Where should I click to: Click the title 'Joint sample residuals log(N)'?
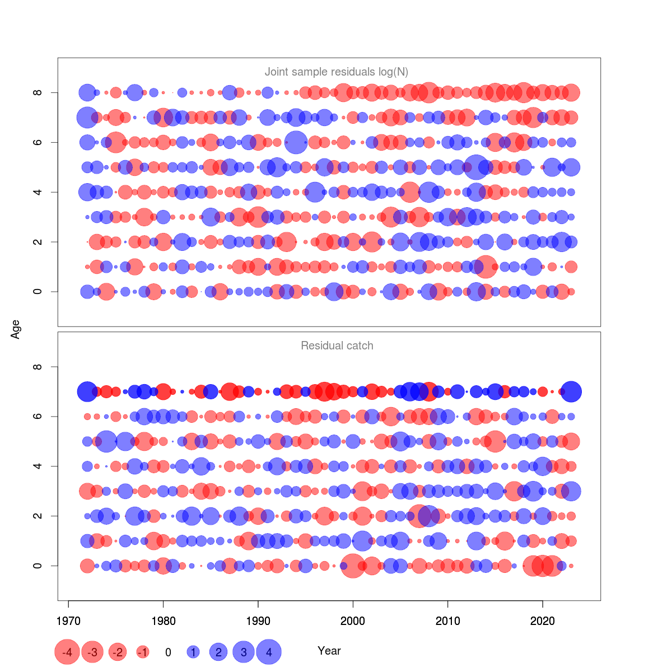coord(337,72)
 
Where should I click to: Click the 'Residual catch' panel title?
coord(337,346)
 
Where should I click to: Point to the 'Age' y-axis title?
coord(16,329)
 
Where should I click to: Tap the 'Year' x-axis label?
coord(329,651)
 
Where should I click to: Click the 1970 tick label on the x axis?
coord(68,620)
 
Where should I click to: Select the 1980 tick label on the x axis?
coord(163,620)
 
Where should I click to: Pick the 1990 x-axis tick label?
coord(258,620)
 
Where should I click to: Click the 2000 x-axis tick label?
coord(353,620)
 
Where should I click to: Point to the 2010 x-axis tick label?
coord(447,620)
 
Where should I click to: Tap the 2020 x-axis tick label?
coord(542,620)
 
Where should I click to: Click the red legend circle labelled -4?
coord(67,652)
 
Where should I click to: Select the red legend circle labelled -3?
coord(92,652)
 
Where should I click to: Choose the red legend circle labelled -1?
coord(143,652)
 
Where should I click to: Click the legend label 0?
coord(168,652)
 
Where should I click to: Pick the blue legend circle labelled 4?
coord(269,652)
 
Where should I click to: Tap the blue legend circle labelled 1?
coord(193,652)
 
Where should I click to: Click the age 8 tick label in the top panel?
coord(38,92)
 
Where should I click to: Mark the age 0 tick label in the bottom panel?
coord(38,566)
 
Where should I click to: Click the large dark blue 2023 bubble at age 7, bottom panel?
coord(571,392)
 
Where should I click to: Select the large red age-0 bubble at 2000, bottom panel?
coord(352,566)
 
